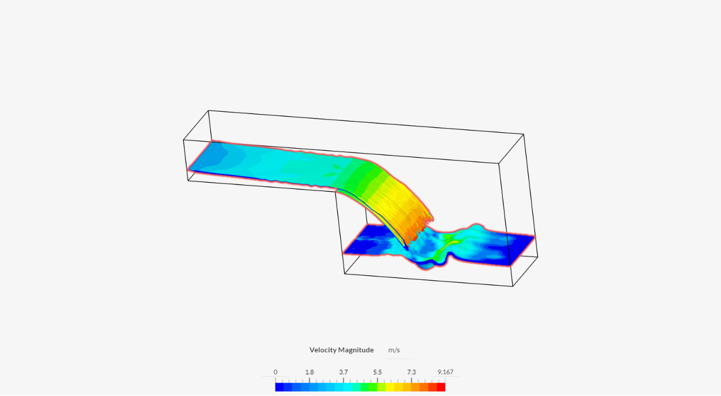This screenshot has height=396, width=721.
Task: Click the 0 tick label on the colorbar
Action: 275,372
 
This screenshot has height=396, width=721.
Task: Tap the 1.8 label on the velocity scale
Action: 309,372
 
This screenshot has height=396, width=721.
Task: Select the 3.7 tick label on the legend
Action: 343,372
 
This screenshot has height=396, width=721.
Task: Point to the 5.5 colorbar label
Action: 378,372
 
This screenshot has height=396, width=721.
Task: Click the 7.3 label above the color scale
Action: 412,372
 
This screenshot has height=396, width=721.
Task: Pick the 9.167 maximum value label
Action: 446,372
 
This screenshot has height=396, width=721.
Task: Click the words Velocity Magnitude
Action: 341,350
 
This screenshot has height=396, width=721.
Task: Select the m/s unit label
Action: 394,350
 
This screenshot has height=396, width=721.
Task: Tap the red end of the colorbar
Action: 441,387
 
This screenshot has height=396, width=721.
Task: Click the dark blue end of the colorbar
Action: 279,387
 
